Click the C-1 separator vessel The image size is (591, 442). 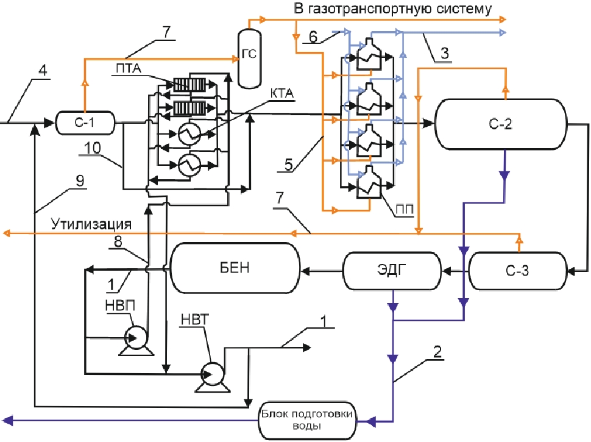point(85,123)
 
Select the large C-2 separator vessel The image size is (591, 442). point(501,125)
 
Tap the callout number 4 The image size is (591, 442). point(43,70)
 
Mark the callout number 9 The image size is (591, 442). point(79,181)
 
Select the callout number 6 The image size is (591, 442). point(312,37)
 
